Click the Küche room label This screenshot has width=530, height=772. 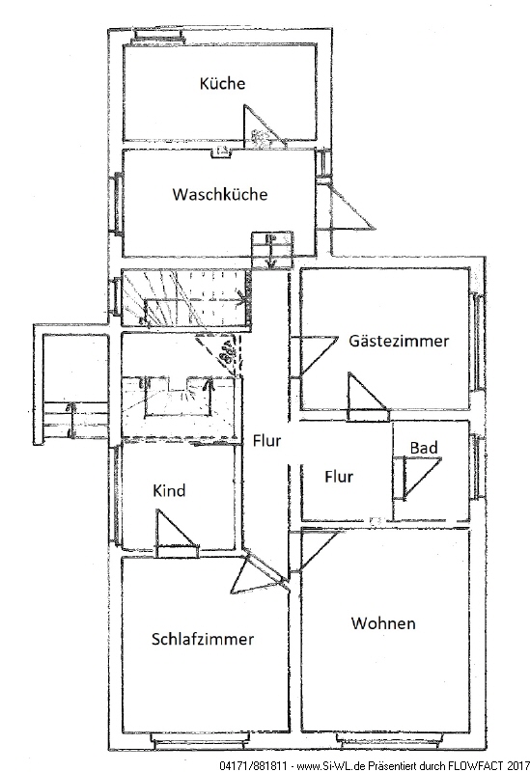222,83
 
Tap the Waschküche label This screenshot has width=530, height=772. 220,194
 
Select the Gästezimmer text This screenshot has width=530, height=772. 399,341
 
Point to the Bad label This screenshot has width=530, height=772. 424,448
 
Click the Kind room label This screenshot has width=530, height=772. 169,490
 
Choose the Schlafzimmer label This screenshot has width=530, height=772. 203,639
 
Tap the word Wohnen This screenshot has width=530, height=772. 383,622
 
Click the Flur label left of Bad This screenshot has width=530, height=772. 339,476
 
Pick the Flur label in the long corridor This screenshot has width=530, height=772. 267,440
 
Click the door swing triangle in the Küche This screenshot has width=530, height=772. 263,127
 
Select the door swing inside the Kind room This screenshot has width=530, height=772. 175,528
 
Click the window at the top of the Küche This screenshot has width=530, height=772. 157,36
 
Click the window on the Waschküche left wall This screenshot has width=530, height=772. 117,204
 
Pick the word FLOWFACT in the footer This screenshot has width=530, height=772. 476,766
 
